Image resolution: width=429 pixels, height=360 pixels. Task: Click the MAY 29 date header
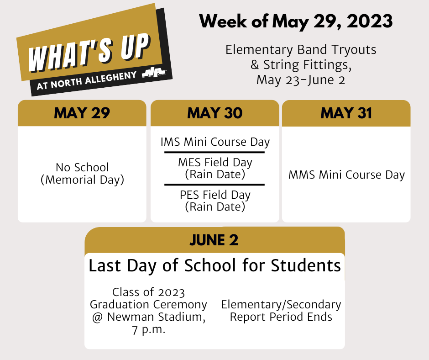click(82, 113)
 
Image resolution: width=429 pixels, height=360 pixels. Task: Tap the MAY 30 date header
click(214, 113)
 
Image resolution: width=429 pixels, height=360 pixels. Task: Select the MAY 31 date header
click(346, 113)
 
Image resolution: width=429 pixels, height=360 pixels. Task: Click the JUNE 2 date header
click(214, 240)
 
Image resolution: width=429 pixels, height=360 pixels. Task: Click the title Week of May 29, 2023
click(296, 21)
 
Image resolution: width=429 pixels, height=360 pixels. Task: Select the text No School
click(82, 167)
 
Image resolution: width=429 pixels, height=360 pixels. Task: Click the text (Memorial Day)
click(82, 180)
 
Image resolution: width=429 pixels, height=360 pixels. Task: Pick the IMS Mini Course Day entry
click(215, 142)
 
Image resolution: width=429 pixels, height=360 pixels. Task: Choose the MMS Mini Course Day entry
click(346, 175)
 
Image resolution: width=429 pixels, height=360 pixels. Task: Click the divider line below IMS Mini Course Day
click(214, 152)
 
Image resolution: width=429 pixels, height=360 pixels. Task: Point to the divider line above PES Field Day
click(214, 185)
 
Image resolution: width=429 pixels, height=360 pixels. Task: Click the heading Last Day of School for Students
click(214, 265)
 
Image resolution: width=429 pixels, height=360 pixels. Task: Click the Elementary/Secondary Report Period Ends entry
click(281, 311)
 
